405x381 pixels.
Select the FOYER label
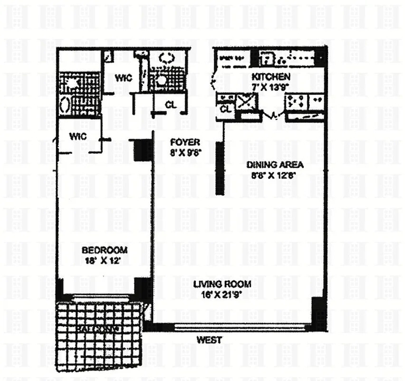185,142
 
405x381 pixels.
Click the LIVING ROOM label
222,284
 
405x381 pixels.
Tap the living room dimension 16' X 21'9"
222,294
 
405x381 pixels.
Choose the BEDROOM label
104,251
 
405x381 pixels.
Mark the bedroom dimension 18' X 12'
104,260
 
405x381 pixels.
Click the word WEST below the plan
209,340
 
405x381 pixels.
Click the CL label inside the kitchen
226,110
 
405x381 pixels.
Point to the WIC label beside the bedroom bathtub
77,136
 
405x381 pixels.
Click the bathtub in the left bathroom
65,105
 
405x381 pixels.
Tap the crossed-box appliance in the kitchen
247,101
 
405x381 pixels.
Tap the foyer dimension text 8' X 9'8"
185,153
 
